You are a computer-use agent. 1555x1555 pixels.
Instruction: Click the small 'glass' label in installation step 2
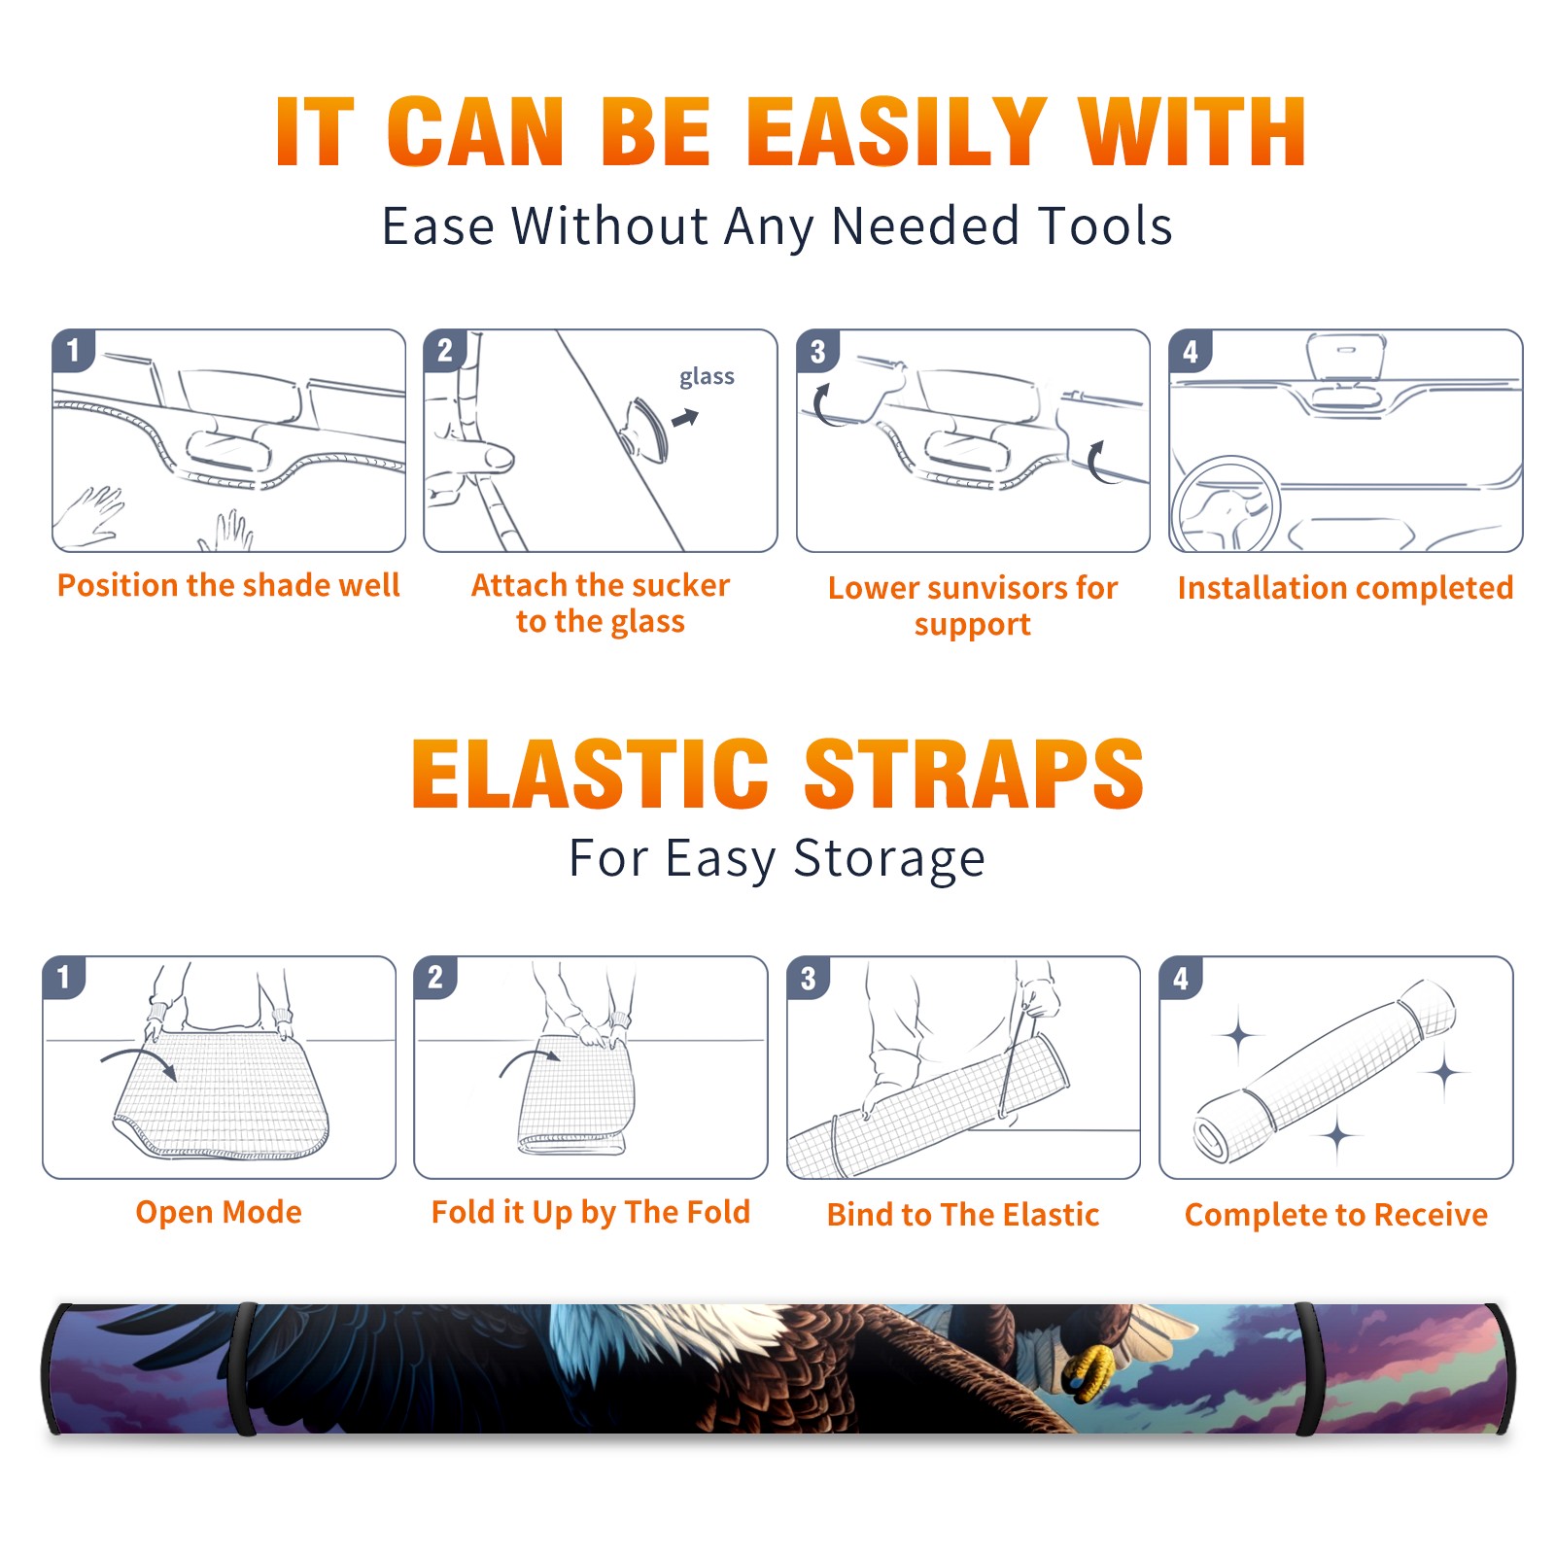[x=707, y=377]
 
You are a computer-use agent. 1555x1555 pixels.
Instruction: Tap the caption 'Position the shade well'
[x=228, y=585]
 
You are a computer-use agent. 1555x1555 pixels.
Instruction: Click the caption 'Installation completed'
[x=1345, y=587]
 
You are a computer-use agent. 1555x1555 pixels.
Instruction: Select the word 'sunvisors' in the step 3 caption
[x=993, y=588]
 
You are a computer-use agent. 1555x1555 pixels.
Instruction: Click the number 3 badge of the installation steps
[x=817, y=352]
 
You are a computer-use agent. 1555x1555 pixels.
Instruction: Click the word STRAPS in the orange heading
[x=974, y=774]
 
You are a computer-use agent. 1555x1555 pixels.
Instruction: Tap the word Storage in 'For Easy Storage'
[x=889, y=859]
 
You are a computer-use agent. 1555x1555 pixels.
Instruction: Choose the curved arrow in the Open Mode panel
[x=139, y=1060]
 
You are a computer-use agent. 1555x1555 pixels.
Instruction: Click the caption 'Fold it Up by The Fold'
[x=591, y=1212]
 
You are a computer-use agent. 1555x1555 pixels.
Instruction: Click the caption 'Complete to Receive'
[x=1336, y=1215]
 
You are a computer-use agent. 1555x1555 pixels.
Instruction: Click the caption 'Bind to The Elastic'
[x=963, y=1215]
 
